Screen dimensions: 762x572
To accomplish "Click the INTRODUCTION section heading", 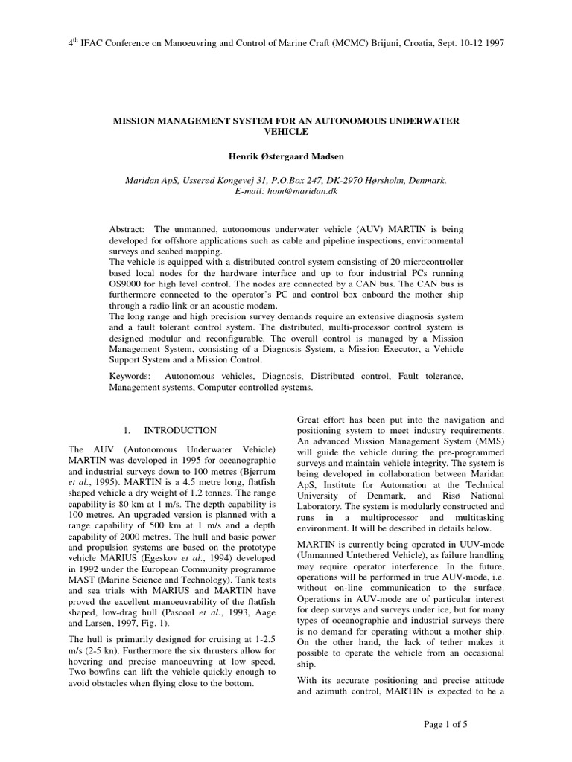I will point(180,430).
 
